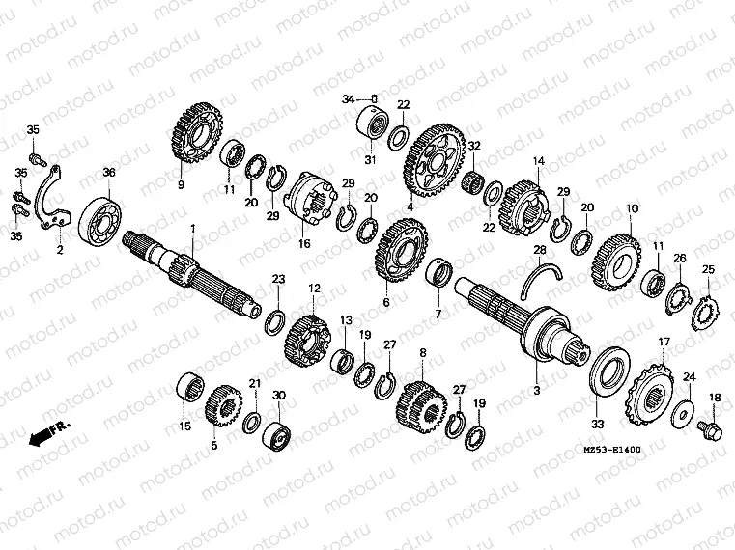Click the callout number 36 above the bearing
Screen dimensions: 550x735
coord(108,172)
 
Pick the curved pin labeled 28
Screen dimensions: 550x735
coord(542,277)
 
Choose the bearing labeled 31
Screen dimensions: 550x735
coord(372,124)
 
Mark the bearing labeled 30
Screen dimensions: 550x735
coord(279,433)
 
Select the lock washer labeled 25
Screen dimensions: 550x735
coord(704,310)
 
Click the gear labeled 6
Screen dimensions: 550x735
coord(399,252)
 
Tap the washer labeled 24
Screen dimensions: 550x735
coord(686,413)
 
